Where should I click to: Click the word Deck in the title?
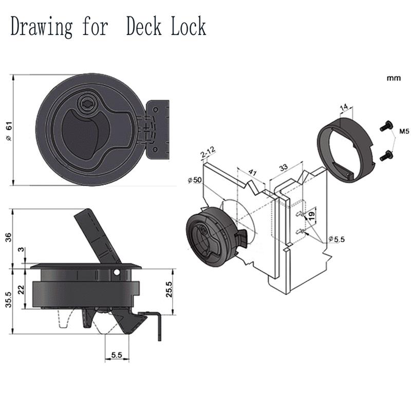coord(147,26)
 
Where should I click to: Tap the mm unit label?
coord(394,79)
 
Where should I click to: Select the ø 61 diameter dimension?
coord(8,131)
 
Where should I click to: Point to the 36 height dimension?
coord(8,238)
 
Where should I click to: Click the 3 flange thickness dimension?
coord(21,250)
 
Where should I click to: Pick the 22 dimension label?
coord(21,289)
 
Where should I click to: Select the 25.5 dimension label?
coord(170,291)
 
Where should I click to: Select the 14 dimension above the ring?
coord(345,107)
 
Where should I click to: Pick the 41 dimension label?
coord(252,172)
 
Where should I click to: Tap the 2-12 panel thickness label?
coord(208,152)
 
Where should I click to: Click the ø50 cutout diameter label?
coord(196,180)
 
